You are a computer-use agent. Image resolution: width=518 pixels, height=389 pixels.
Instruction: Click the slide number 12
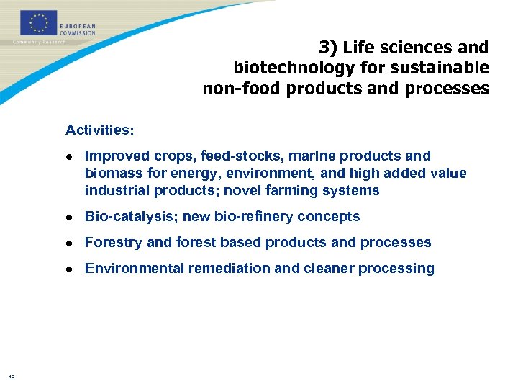click(x=12, y=375)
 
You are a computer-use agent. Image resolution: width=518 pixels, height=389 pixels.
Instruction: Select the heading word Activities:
click(x=99, y=130)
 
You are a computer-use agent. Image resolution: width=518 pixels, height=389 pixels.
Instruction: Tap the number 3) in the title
click(x=328, y=48)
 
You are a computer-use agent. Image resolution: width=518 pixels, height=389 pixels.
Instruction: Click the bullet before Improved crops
click(x=69, y=156)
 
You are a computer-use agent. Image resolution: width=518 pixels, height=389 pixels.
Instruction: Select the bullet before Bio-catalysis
click(x=69, y=217)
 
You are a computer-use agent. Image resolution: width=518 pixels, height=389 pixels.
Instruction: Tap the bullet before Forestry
click(x=69, y=243)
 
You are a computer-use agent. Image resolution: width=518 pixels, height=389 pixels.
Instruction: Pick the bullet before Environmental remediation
click(x=69, y=269)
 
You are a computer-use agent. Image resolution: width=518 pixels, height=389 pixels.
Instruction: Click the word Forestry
click(x=114, y=243)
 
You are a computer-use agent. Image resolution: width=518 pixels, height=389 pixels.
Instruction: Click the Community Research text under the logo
click(x=39, y=42)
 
